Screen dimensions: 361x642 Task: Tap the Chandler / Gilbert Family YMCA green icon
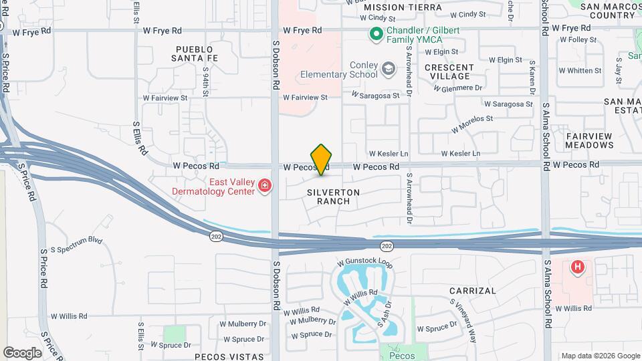(x=376, y=32)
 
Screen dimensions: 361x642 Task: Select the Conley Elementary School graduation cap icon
(x=388, y=68)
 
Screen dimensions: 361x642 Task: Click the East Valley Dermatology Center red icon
(x=265, y=185)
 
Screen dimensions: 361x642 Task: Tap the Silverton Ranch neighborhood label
(x=334, y=197)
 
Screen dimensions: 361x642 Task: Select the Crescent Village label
(x=449, y=72)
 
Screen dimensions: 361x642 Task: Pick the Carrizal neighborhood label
(x=472, y=291)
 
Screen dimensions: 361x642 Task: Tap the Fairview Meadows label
(x=588, y=140)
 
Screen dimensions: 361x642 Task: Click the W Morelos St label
(x=471, y=124)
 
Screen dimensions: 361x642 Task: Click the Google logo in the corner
(x=22, y=352)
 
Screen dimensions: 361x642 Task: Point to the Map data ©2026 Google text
(x=600, y=356)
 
